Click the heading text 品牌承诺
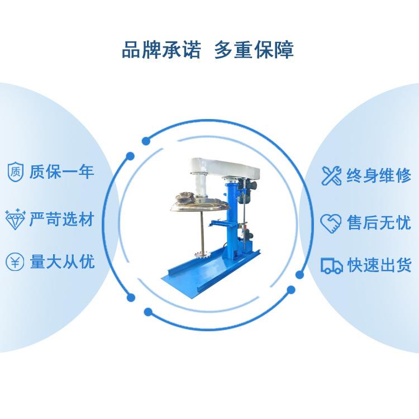161,50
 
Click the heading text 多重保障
254,50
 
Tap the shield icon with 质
15,172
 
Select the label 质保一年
61,172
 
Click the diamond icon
15,220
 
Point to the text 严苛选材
61,220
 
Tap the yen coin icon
15,261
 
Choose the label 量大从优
62,261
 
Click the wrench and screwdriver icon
331,175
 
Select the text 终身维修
379,175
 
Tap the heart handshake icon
331,223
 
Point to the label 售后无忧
379,222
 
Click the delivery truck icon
331,265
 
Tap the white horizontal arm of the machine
225,167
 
